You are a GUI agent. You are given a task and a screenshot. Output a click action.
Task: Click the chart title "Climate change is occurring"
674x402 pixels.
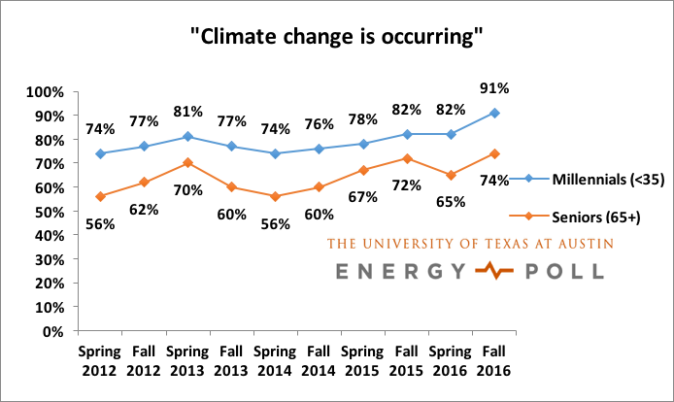(x=336, y=38)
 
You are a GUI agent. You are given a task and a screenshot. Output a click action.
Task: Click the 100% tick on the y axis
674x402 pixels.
(x=43, y=92)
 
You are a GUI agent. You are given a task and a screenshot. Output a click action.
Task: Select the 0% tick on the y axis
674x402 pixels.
(x=51, y=331)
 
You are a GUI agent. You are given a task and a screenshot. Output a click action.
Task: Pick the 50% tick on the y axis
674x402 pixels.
(x=47, y=212)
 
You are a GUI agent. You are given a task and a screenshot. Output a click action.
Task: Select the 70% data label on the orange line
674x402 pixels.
(x=187, y=189)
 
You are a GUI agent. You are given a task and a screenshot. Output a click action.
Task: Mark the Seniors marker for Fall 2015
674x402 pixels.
(x=408, y=158)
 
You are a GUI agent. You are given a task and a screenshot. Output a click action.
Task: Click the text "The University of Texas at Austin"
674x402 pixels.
(x=470, y=244)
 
